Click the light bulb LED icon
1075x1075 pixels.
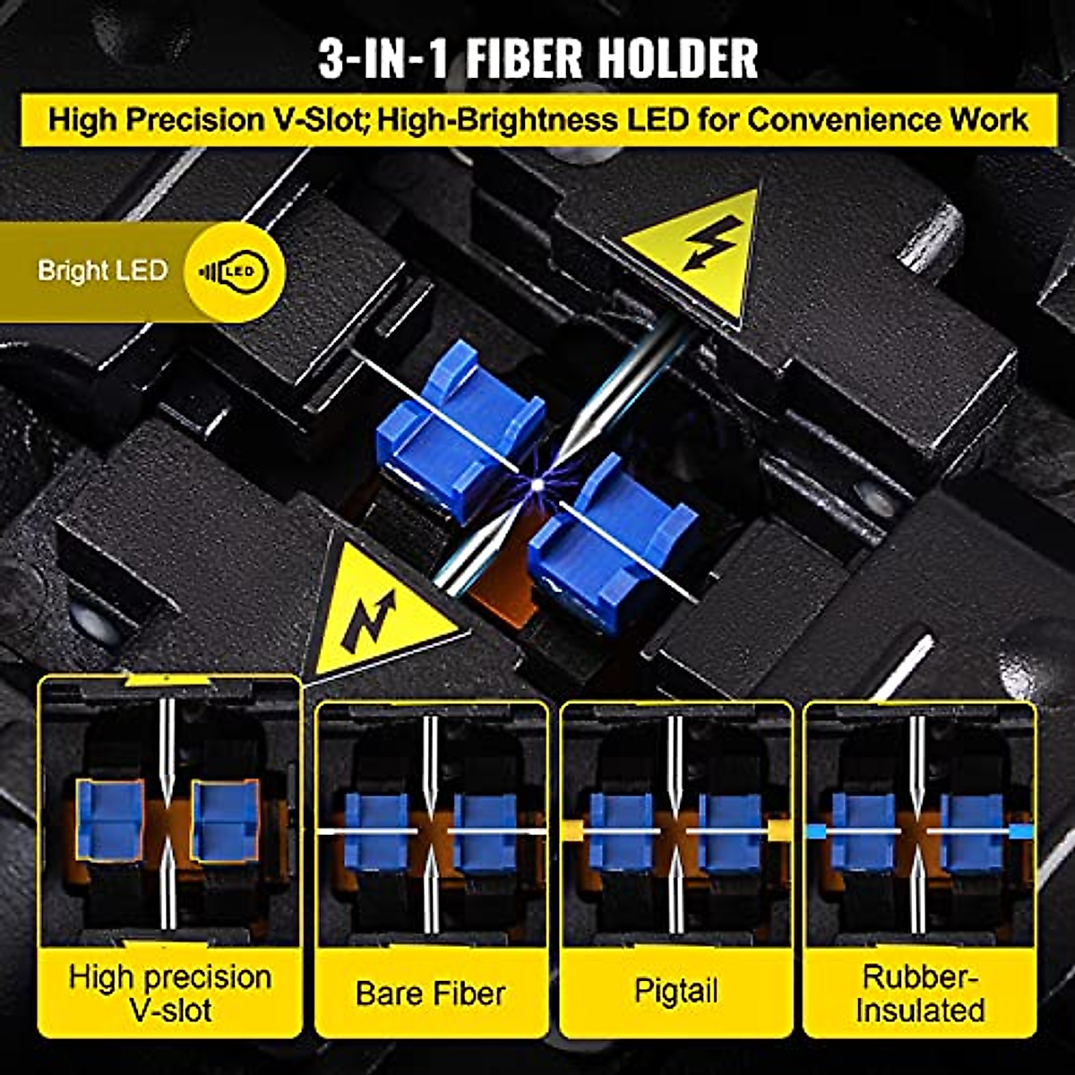pyautogui.click(x=235, y=271)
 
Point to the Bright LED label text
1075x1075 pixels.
pyautogui.click(x=102, y=271)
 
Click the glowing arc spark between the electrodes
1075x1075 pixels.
pyautogui.click(x=536, y=485)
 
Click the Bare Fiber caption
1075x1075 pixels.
pyautogui.click(x=431, y=993)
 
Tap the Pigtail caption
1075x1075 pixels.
pyautogui.click(x=675, y=992)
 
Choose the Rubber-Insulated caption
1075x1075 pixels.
pyautogui.click(x=920, y=993)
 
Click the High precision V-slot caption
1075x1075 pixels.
pyautogui.click(x=169, y=993)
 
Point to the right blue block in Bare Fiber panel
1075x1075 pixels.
pyautogui.click(x=485, y=832)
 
